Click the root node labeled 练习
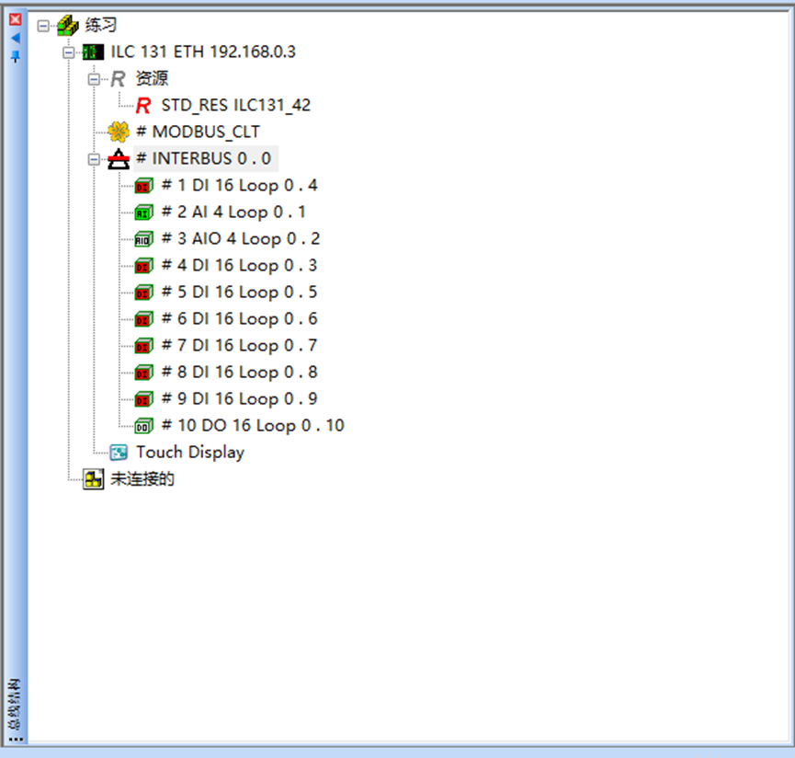pyautogui.click(x=100, y=26)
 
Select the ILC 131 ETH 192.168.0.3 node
pyautogui.click(x=202, y=52)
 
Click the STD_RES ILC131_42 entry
pyautogui.click(x=235, y=105)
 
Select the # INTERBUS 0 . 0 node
pyautogui.click(x=203, y=158)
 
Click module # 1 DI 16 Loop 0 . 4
pyautogui.click(x=239, y=185)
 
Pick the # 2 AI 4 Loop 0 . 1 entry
pyautogui.click(x=233, y=212)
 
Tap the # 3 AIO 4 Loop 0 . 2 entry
pyautogui.click(x=240, y=238)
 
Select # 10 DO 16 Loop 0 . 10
pyautogui.click(x=252, y=425)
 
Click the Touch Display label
pyautogui.click(x=190, y=452)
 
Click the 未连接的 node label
pyautogui.click(x=142, y=479)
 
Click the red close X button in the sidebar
pyautogui.click(x=15, y=18)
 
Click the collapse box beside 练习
pyautogui.click(x=42, y=26)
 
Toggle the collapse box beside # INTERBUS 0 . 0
pyautogui.click(x=93, y=159)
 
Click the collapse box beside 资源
pyautogui.click(x=93, y=79)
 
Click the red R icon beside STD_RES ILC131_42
pyautogui.click(x=143, y=106)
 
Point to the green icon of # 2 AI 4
pyautogui.click(x=142, y=212)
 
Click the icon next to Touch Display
pyautogui.click(x=119, y=453)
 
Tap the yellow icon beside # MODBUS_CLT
pyautogui.click(x=118, y=132)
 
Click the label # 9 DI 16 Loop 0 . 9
pyautogui.click(x=239, y=398)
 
